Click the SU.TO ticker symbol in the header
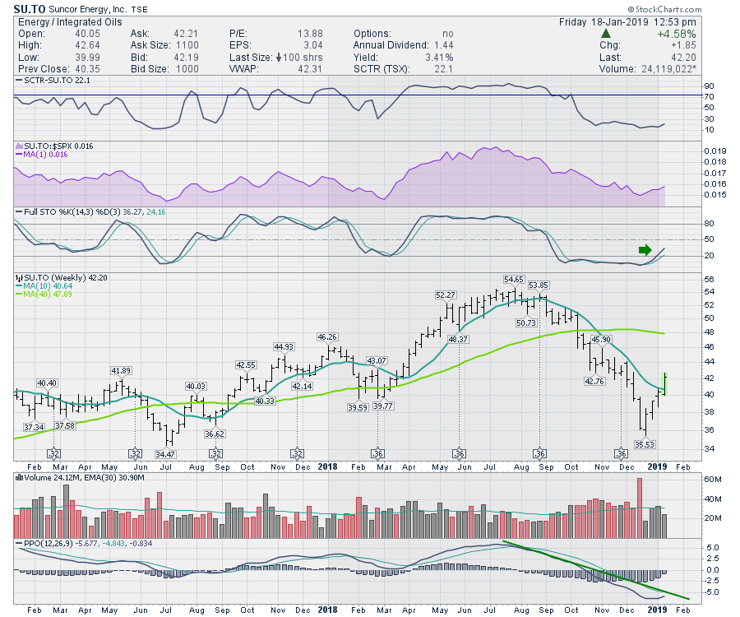(x=29, y=8)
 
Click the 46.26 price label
(x=327, y=336)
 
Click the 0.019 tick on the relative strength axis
(x=690, y=151)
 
